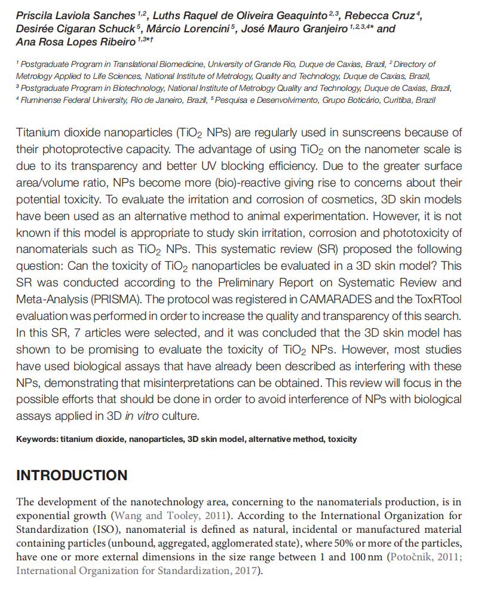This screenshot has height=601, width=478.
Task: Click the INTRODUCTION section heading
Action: click(x=72, y=475)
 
